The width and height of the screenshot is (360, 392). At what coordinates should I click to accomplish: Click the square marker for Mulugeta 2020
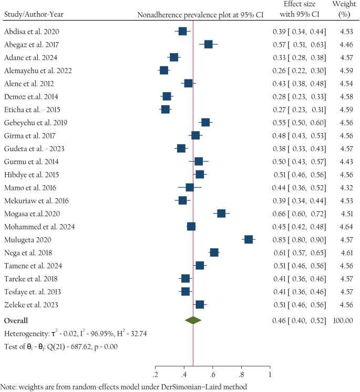[249, 239]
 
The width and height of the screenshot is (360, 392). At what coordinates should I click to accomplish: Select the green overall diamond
[193, 320]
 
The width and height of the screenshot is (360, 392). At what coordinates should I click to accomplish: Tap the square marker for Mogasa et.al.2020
[221, 213]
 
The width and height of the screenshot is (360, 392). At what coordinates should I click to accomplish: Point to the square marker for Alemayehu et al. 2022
[164, 71]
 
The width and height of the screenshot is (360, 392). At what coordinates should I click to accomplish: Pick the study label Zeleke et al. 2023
[30, 305]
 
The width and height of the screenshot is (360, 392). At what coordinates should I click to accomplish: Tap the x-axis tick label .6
[212, 375]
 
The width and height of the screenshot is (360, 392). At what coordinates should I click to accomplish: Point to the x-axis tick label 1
[270, 375]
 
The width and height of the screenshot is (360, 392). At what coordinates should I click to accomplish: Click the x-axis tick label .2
[156, 375]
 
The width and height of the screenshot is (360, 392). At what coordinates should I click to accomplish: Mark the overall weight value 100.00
[343, 320]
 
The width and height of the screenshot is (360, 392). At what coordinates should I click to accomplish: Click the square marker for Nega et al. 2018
[214, 253]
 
